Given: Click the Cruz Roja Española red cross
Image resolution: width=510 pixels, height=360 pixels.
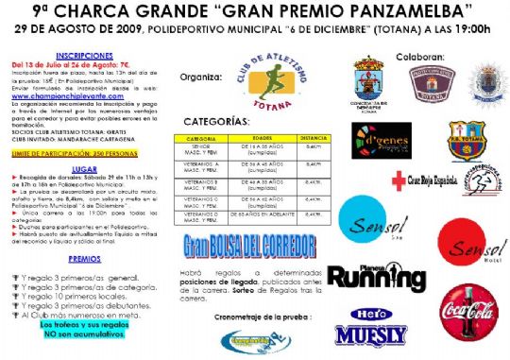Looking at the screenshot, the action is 399,178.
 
